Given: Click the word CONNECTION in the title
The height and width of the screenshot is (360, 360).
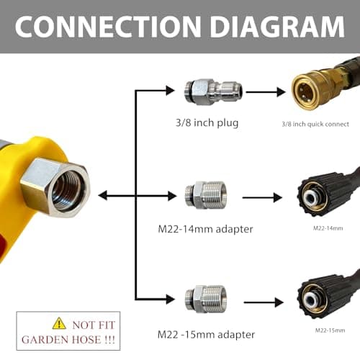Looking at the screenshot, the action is pyautogui.click(x=108, y=27).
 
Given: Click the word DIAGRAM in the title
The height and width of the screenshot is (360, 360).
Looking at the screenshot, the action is pyautogui.click(x=277, y=27).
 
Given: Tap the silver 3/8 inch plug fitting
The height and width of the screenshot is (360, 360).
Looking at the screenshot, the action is pyautogui.click(x=213, y=92).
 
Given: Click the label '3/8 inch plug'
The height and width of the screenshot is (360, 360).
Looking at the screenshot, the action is pyautogui.click(x=207, y=123).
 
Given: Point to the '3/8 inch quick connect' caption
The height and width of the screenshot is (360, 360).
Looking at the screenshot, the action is pyautogui.click(x=315, y=124).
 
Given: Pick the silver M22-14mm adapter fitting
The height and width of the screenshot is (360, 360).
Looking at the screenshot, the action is pyautogui.click(x=205, y=195).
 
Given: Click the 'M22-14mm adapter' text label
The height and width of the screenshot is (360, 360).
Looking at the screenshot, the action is pyautogui.click(x=205, y=229).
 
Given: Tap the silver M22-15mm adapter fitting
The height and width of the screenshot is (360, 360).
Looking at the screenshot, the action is pyautogui.click(x=205, y=299).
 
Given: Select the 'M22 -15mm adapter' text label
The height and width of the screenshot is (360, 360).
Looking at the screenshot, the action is pyautogui.click(x=206, y=335).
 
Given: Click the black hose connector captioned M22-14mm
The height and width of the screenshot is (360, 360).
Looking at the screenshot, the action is pyautogui.click(x=326, y=195).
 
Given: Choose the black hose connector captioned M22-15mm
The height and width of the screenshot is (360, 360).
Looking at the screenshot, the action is pyautogui.click(x=326, y=297).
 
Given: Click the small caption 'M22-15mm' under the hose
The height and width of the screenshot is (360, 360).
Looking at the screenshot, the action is pyautogui.click(x=330, y=330).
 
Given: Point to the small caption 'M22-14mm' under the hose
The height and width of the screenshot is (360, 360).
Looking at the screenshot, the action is pyautogui.click(x=328, y=228).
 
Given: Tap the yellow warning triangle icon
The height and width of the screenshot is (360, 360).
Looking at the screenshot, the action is pyautogui.click(x=59, y=323).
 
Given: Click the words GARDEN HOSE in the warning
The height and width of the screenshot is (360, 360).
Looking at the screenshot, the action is pyautogui.click(x=61, y=340).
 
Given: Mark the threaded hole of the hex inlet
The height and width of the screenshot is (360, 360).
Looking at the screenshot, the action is pyautogui.click(x=69, y=189).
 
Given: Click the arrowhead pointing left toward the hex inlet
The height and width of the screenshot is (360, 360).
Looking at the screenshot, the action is pyautogui.click(x=103, y=196).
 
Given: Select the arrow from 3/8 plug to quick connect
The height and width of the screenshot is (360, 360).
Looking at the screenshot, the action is pyautogui.click(x=266, y=92).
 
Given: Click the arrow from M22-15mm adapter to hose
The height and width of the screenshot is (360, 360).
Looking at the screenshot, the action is pyautogui.click(x=264, y=302).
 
